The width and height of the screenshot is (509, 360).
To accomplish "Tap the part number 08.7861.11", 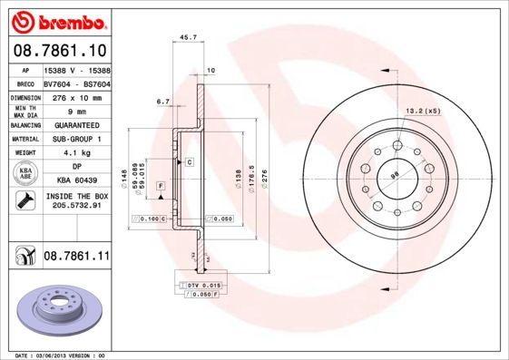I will tap(76, 257).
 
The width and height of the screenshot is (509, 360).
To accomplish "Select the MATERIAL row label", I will tap(24, 139).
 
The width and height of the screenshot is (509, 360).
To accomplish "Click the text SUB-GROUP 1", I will tap(76, 139).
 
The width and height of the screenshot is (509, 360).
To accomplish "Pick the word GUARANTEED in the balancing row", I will tap(76, 125).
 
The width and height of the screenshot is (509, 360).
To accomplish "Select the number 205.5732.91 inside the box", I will tap(76, 205).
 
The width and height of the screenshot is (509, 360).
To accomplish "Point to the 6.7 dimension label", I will tap(163, 102).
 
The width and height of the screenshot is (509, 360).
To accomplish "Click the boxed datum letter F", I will tap(161, 186).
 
